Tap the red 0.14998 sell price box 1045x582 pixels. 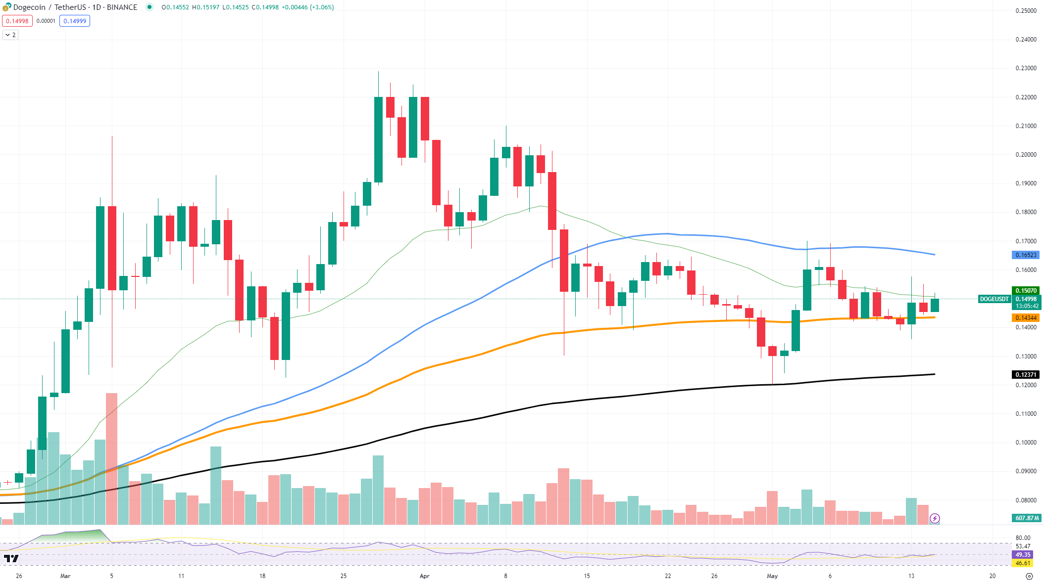[x=17, y=21]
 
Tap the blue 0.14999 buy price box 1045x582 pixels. [x=75, y=21]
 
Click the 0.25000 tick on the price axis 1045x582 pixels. [x=1026, y=11]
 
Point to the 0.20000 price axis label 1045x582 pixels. [x=1026, y=155]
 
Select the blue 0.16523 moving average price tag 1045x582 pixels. [x=1026, y=255]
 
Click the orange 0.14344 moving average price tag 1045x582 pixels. [x=1026, y=318]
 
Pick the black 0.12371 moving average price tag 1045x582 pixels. [x=1026, y=375]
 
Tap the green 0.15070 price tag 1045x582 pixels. [x=1026, y=291]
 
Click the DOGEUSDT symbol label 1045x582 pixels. [x=994, y=299]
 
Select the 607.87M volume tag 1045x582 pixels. [x=1027, y=518]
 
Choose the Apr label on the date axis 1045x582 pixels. [x=424, y=576]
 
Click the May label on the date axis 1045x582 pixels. [x=772, y=576]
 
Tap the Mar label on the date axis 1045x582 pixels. [x=65, y=576]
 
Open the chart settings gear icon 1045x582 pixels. [x=1030, y=576]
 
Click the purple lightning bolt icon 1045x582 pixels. [x=935, y=518]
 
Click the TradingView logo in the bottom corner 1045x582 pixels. [x=11, y=559]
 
